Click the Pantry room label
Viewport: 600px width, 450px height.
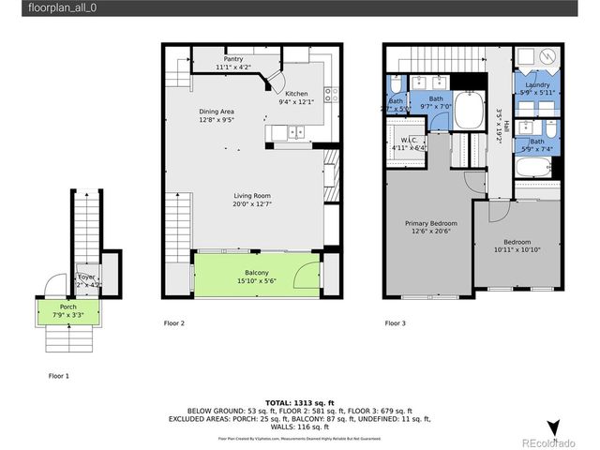pyautogui.click(x=233, y=58)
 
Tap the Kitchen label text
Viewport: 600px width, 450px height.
pyautogui.click(x=296, y=94)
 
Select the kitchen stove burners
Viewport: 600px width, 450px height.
pyautogui.click(x=330, y=93)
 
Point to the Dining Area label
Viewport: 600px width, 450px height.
pyautogui.click(x=216, y=112)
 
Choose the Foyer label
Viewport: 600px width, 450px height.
pyautogui.click(x=86, y=277)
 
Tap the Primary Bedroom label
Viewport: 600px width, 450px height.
pyautogui.click(x=431, y=223)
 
